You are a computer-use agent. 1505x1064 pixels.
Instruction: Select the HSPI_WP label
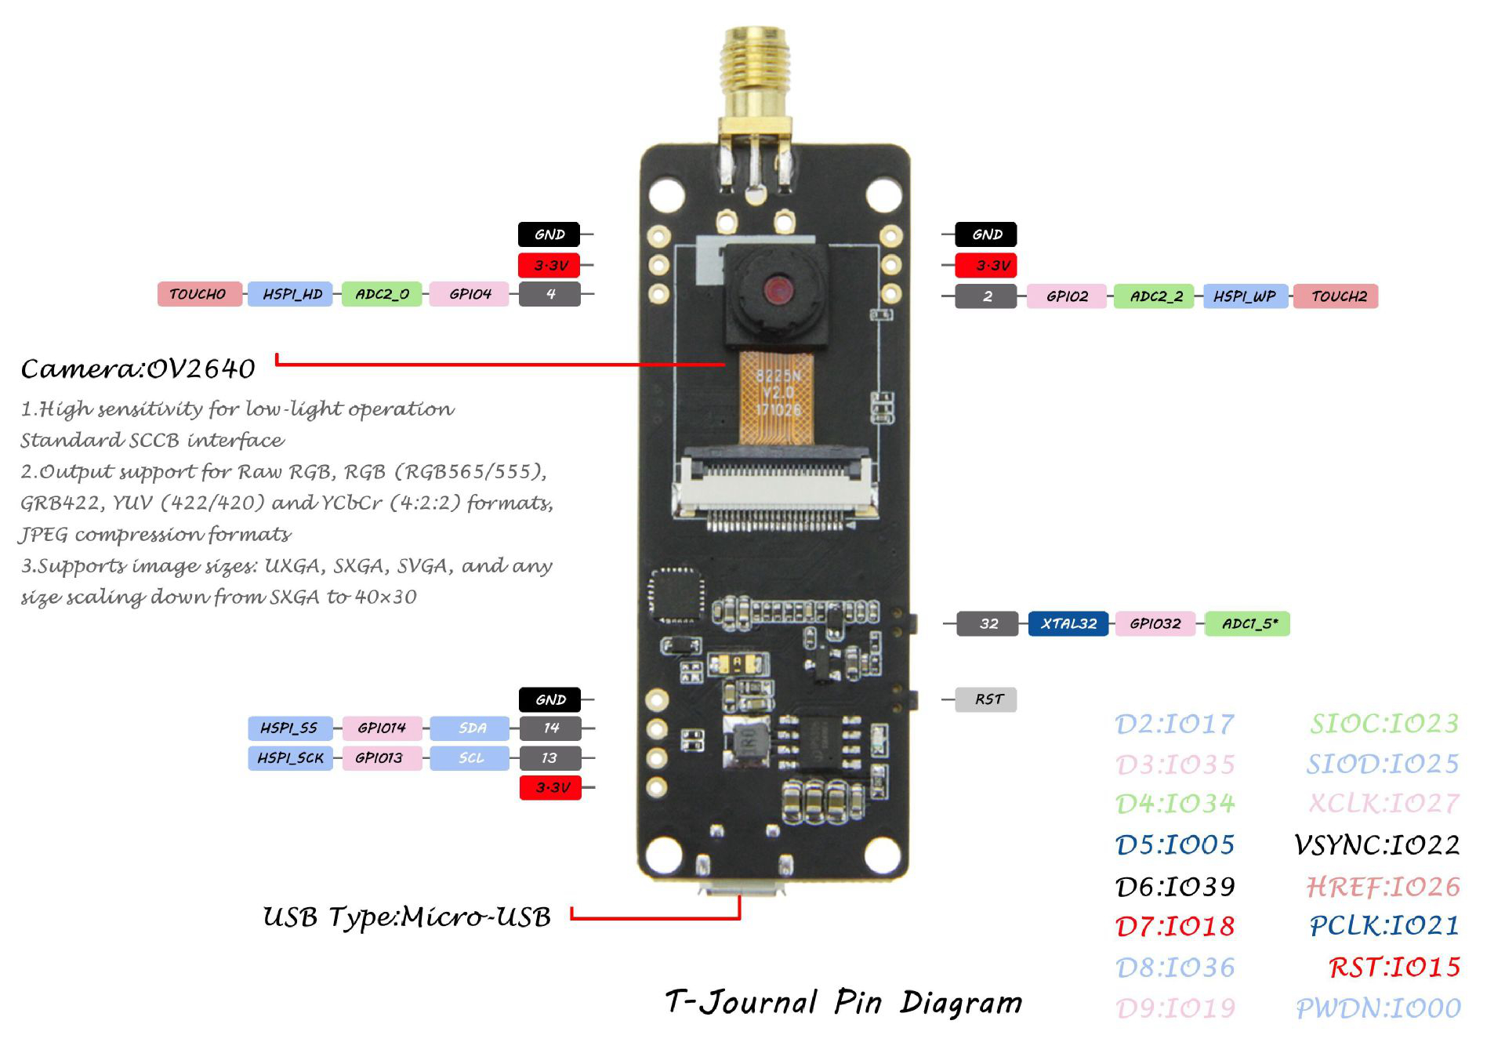click(1245, 296)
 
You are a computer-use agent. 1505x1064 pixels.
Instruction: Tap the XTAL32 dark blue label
click(1068, 623)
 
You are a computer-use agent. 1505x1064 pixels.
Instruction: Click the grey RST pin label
click(986, 699)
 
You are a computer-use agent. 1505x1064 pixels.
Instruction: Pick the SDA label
click(470, 728)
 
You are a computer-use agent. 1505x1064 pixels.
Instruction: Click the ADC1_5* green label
click(1247, 623)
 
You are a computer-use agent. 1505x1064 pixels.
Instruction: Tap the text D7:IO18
click(1174, 927)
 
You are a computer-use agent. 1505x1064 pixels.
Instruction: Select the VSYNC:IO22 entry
click(1376, 845)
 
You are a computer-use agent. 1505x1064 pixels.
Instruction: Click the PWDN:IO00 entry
click(1378, 1008)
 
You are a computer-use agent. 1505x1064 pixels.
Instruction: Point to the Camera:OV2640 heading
click(138, 369)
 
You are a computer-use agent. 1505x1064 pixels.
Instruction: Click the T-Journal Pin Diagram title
click(843, 1003)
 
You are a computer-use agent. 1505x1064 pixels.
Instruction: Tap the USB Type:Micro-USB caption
click(407, 917)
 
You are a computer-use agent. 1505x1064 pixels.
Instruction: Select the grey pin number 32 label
click(988, 623)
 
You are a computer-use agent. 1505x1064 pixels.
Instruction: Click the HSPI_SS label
click(290, 728)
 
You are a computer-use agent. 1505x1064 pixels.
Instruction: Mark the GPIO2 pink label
click(1067, 296)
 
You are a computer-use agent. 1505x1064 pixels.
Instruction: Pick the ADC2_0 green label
click(382, 294)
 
